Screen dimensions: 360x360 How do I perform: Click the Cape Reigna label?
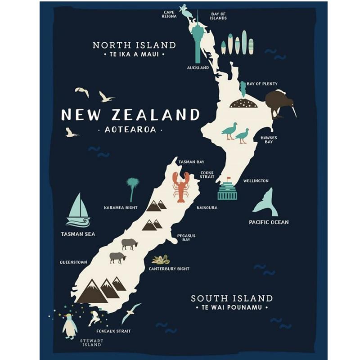[x=169, y=14]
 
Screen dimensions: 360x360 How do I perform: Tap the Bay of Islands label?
[x=218, y=16]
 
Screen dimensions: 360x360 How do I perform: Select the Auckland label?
[x=198, y=68]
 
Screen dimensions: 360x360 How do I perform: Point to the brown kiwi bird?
[x=277, y=103]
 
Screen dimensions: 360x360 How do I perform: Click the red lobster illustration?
[x=181, y=187]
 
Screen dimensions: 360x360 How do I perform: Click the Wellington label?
[x=256, y=181]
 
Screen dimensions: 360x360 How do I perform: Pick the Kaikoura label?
[x=207, y=208]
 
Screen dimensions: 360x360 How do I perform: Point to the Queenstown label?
[x=73, y=262]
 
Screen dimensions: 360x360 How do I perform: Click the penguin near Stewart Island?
[x=69, y=327]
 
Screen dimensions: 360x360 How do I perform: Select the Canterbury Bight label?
[x=169, y=269]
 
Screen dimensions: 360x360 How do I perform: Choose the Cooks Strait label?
[x=207, y=175]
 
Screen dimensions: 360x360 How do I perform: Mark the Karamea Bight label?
[x=121, y=208]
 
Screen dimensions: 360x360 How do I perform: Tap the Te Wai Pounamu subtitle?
[x=232, y=308]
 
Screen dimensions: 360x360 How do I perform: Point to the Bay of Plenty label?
[x=262, y=84]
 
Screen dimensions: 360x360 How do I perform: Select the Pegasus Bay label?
[x=186, y=238]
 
